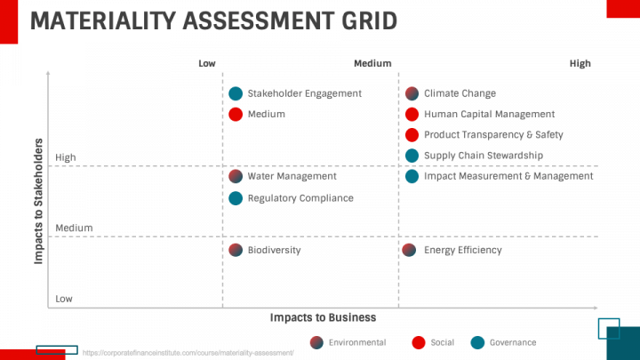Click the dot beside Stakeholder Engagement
[236, 93]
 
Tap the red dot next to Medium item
[236, 114]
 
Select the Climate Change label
[460, 93]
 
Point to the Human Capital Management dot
[412, 114]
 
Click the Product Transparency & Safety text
[493, 135]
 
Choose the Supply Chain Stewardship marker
[412, 156]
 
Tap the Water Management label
[292, 176]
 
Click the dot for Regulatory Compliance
[236, 198]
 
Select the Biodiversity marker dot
[236, 250]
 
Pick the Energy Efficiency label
[462, 250]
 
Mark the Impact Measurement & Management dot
[412, 176]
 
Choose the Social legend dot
[419, 342]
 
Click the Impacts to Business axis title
[323, 317]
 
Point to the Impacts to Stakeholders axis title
[39, 200]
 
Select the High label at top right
[580, 63]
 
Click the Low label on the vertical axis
[64, 299]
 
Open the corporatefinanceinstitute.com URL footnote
[188, 353]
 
